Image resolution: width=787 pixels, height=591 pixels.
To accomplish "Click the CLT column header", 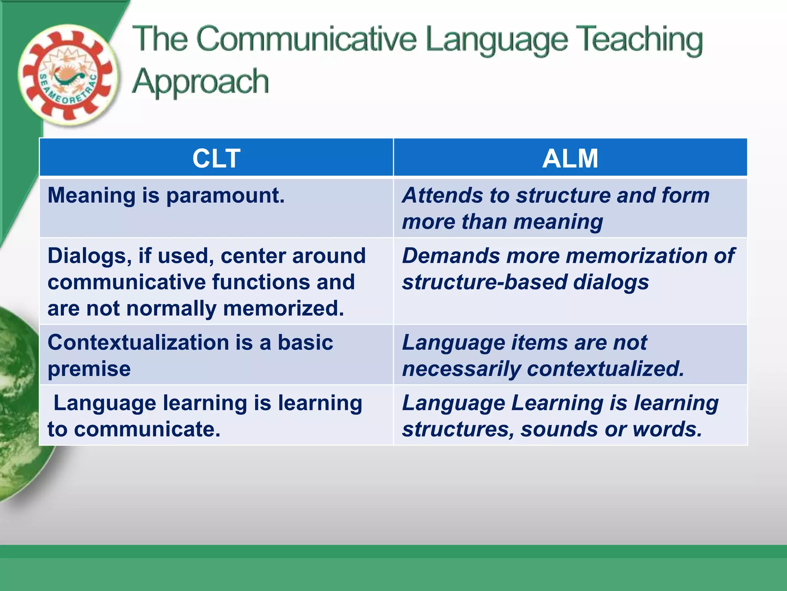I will coord(216,158).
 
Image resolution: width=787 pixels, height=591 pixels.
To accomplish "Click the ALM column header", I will coord(570,158).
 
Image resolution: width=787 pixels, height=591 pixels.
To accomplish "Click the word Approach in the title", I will coord(200,82).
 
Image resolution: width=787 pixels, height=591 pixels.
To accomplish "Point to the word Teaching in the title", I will coord(641,40).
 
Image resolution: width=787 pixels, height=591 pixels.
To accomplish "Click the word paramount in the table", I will coord(225,195).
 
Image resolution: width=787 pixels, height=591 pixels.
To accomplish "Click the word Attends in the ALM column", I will coord(442,195).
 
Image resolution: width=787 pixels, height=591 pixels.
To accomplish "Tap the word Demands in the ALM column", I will coord(451,256).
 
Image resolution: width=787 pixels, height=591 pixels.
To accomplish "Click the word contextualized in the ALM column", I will coord(606,369).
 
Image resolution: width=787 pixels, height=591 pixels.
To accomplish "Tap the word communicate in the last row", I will coord(147,429).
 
